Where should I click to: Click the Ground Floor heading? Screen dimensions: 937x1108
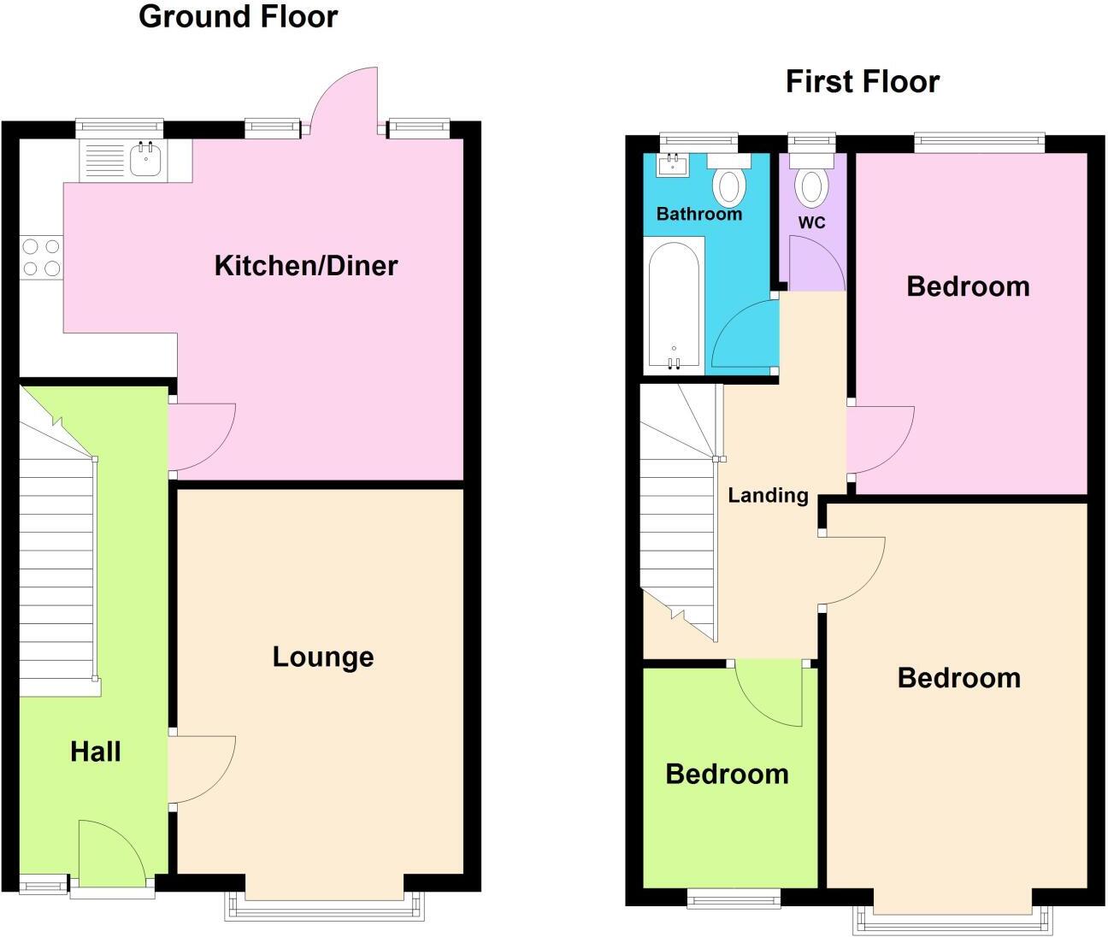point(238,17)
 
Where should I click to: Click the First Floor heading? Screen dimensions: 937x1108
point(862,82)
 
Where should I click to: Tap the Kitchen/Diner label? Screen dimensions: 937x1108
point(305,266)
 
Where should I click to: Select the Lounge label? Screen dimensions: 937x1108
point(322,657)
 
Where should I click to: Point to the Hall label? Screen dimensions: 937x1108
point(95,752)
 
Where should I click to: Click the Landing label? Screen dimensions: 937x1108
point(768,496)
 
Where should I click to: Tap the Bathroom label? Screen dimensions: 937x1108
point(698,215)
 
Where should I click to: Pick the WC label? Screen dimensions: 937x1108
point(811,223)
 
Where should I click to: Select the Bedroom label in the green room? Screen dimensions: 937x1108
point(727,775)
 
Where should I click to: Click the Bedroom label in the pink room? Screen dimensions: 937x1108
point(968,286)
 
